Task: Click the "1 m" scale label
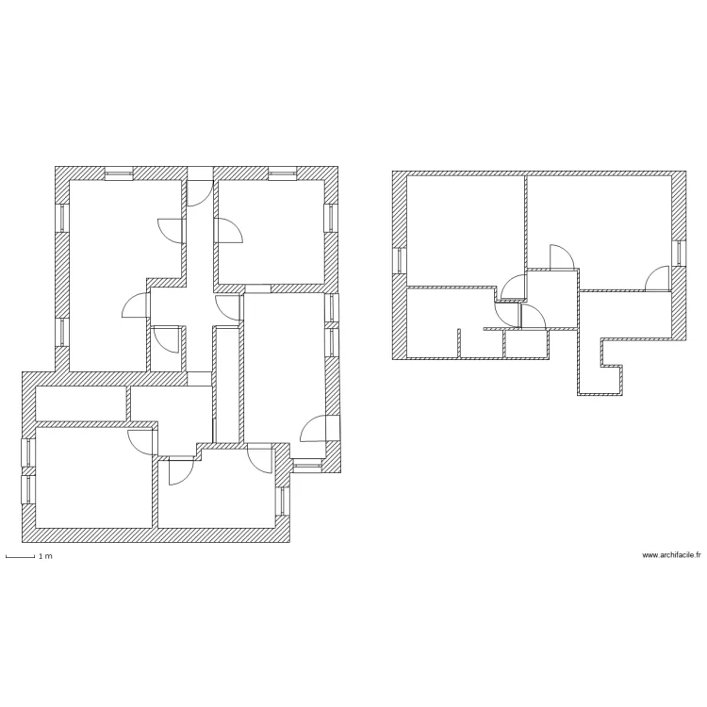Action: (x=44, y=557)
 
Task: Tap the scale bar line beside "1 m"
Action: (x=20, y=557)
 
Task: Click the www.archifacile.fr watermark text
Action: (x=671, y=555)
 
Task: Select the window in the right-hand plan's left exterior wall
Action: (x=400, y=260)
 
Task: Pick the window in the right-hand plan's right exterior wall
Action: (x=678, y=254)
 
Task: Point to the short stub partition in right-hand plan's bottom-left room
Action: (x=457, y=343)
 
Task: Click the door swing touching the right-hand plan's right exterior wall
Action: (x=657, y=278)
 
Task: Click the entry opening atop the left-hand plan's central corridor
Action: (x=200, y=173)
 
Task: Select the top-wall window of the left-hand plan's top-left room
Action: (x=119, y=173)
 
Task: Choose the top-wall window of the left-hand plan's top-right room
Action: (x=282, y=173)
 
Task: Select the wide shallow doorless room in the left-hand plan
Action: (x=81, y=403)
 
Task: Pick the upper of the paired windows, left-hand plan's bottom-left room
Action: (x=28, y=453)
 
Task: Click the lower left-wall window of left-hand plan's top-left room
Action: (x=62, y=332)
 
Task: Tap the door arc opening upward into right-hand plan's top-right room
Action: (x=560, y=257)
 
